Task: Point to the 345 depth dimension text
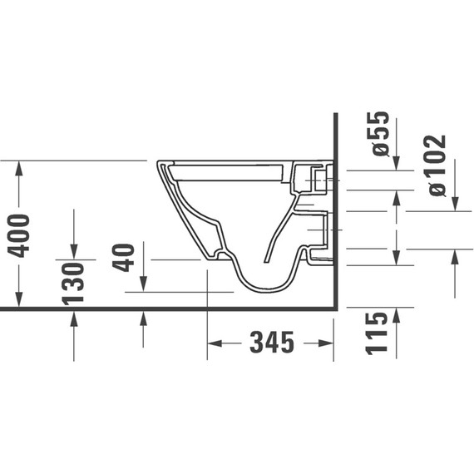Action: [270, 342]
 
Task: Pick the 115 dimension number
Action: [378, 333]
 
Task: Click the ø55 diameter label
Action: [379, 133]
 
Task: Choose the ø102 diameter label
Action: [438, 165]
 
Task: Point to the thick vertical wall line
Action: [333, 208]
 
